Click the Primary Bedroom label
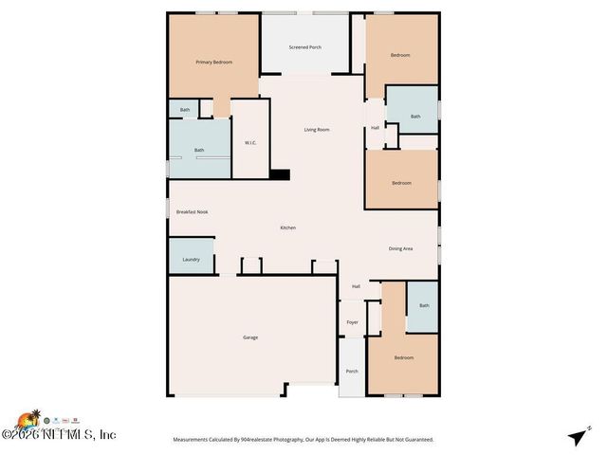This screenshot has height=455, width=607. tap(213, 62)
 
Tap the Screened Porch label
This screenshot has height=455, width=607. tap(304, 46)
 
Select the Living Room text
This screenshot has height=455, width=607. tap(316, 129)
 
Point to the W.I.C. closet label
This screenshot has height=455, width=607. tap(250, 143)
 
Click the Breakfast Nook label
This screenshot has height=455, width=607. tap(192, 211)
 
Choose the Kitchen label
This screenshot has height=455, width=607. tap(287, 227)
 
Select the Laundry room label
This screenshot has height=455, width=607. tap(191, 258)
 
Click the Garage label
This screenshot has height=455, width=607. tap(250, 337)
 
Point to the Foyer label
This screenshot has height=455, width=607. tap(352, 322)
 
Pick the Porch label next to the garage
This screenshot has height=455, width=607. tap(351, 371)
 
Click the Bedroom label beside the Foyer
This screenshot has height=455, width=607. tap(403, 357)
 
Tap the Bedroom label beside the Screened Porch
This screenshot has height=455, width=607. tap(400, 55)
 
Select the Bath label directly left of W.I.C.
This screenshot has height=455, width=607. tap(199, 150)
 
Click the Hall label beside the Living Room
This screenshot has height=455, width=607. tap(375, 127)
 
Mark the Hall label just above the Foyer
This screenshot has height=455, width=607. tap(356, 286)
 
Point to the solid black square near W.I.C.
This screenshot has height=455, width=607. tap(279, 173)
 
